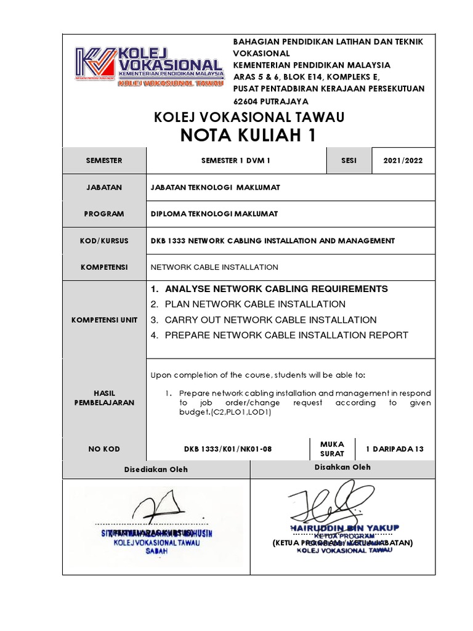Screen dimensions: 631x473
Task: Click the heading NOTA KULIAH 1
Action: click(x=248, y=136)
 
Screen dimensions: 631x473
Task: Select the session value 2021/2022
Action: click(x=403, y=160)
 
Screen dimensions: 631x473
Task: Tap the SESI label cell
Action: click(x=348, y=160)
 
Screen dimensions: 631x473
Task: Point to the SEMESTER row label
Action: click(x=104, y=160)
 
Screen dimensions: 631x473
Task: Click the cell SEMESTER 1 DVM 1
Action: click(x=236, y=160)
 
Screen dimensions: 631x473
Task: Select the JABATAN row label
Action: click(x=104, y=187)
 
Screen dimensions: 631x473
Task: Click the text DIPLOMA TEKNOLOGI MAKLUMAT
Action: click(x=214, y=214)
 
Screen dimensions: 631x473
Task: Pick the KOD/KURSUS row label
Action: click(x=104, y=240)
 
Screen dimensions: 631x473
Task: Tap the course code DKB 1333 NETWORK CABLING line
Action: click(x=273, y=240)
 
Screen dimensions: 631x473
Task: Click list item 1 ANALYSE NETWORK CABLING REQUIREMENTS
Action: click(x=269, y=288)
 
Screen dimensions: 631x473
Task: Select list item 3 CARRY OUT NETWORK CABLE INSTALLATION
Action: click(x=263, y=320)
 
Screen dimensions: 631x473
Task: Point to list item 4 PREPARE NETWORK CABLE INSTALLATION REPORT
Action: click(x=279, y=335)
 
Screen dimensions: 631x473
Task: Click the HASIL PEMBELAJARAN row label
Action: click(x=104, y=397)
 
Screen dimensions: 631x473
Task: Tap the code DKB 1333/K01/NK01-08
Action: click(x=227, y=449)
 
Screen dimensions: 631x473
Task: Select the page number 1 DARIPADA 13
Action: click(x=395, y=449)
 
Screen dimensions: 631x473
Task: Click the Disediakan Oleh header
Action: click(x=156, y=469)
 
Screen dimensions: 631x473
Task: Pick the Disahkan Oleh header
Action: click(x=342, y=467)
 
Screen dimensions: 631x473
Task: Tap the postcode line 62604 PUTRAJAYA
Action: click(x=270, y=101)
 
